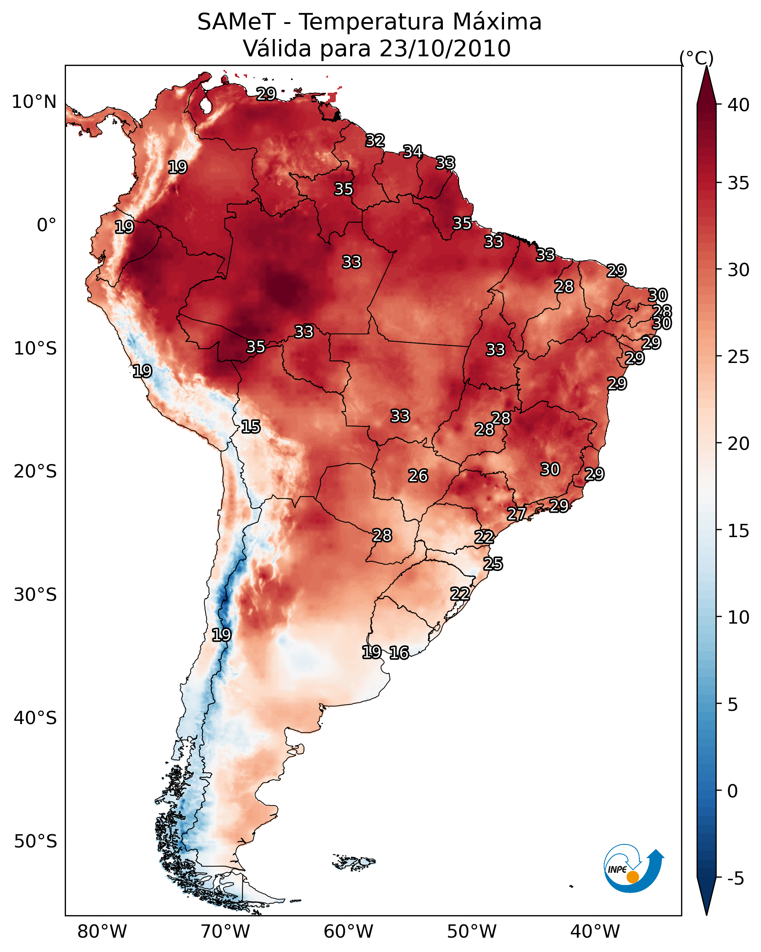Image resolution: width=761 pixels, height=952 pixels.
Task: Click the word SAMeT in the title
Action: (236, 22)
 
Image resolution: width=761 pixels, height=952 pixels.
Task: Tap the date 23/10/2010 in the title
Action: (445, 49)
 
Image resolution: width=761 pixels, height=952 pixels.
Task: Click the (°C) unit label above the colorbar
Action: (696, 58)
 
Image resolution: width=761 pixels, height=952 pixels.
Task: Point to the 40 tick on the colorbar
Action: (739, 105)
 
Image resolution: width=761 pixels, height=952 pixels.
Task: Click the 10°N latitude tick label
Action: (34, 102)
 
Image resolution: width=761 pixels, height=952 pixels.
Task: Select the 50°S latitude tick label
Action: (35, 842)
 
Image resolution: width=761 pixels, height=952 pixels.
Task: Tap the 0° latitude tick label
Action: (46, 225)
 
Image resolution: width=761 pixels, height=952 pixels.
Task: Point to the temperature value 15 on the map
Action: (250, 427)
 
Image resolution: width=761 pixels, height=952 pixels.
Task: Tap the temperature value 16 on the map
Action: (399, 653)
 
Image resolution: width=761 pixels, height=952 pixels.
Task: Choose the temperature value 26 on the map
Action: (418, 476)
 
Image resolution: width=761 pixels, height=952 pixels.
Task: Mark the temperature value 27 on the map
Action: (516, 514)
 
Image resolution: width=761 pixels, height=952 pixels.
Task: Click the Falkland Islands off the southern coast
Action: (354, 861)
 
